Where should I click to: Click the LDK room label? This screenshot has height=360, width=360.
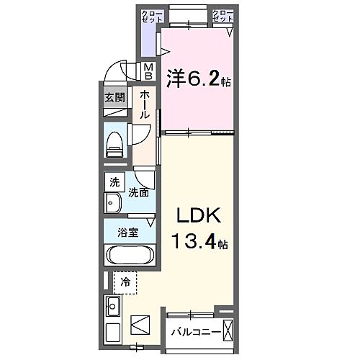[x=199, y=215]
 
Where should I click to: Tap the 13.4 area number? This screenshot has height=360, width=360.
[x=194, y=241]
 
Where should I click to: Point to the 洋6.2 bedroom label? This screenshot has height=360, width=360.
[x=193, y=78]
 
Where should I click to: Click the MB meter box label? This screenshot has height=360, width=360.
[x=148, y=71]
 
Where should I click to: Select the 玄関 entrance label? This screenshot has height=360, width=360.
[x=114, y=97]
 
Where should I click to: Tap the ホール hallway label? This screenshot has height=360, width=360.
[x=145, y=104]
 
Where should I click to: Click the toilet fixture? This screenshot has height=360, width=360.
[x=114, y=145]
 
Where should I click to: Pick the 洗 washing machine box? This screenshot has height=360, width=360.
[x=114, y=182]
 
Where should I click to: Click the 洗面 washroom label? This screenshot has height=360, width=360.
[x=138, y=192]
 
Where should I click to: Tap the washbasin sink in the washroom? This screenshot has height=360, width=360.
[x=113, y=203]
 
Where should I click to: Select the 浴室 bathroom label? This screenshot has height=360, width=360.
[x=128, y=233]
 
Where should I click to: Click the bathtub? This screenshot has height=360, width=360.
[x=130, y=255]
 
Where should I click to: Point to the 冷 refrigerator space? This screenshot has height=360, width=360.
[x=125, y=283]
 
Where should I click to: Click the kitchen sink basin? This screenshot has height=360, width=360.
[x=113, y=306]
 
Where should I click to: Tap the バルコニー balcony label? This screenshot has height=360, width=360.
[x=196, y=332]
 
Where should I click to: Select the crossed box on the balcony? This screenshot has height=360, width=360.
[x=228, y=330]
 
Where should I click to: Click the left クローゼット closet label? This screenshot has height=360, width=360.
[x=152, y=17]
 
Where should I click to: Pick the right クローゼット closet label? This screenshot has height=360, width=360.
[x=222, y=16]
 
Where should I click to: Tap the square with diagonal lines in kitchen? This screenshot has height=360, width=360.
[x=140, y=325]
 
